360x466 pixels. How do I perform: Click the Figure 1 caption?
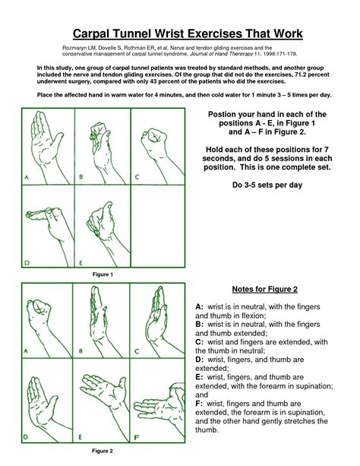tap(102, 274)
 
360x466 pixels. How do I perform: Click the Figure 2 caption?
tap(102, 451)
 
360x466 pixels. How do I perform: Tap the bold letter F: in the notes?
tap(201, 404)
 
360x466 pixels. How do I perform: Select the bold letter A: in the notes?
tap(201, 305)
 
